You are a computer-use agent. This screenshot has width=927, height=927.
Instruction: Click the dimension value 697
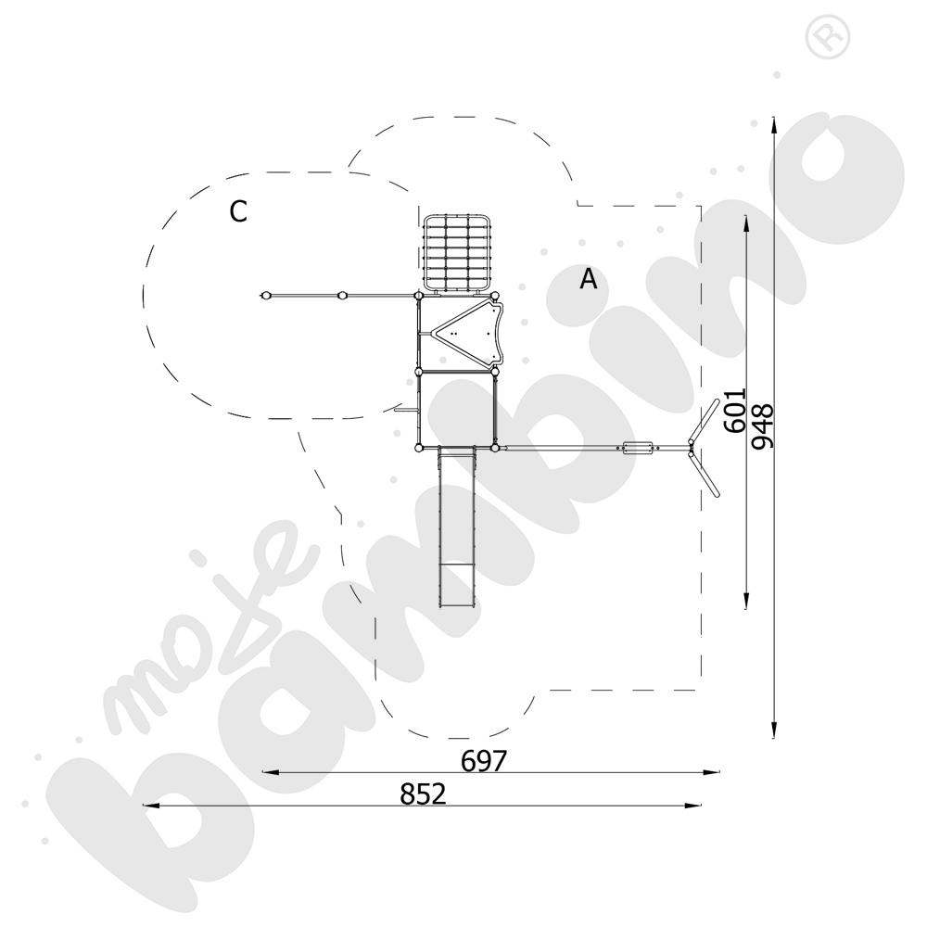(x=484, y=761)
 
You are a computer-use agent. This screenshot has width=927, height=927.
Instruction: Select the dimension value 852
(x=423, y=794)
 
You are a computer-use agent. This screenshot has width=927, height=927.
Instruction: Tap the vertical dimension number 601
(x=735, y=411)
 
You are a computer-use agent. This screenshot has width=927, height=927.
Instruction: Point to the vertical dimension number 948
(x=762, y=426)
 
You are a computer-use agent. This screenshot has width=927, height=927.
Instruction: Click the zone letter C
(x=238, y=211)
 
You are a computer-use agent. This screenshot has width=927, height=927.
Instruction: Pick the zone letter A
(x=589, y=278)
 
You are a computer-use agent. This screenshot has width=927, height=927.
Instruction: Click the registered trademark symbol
(x=828, y=38)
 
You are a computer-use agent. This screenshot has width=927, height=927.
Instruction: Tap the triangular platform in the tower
(x=467, y=334)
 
